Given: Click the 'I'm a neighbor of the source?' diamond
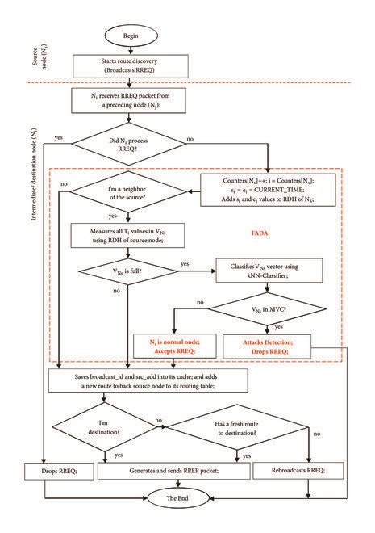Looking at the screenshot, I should [x=131, y=193].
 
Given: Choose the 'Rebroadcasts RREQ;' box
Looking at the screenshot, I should [x=290, y=470].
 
